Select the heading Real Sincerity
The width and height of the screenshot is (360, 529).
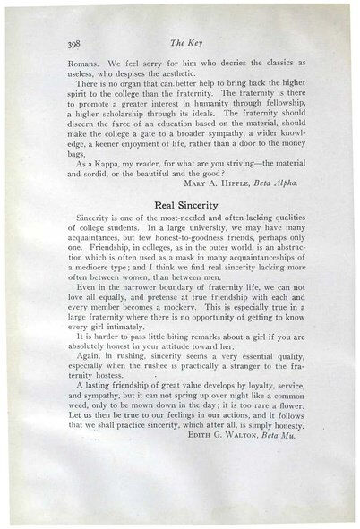pos(186,228)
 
